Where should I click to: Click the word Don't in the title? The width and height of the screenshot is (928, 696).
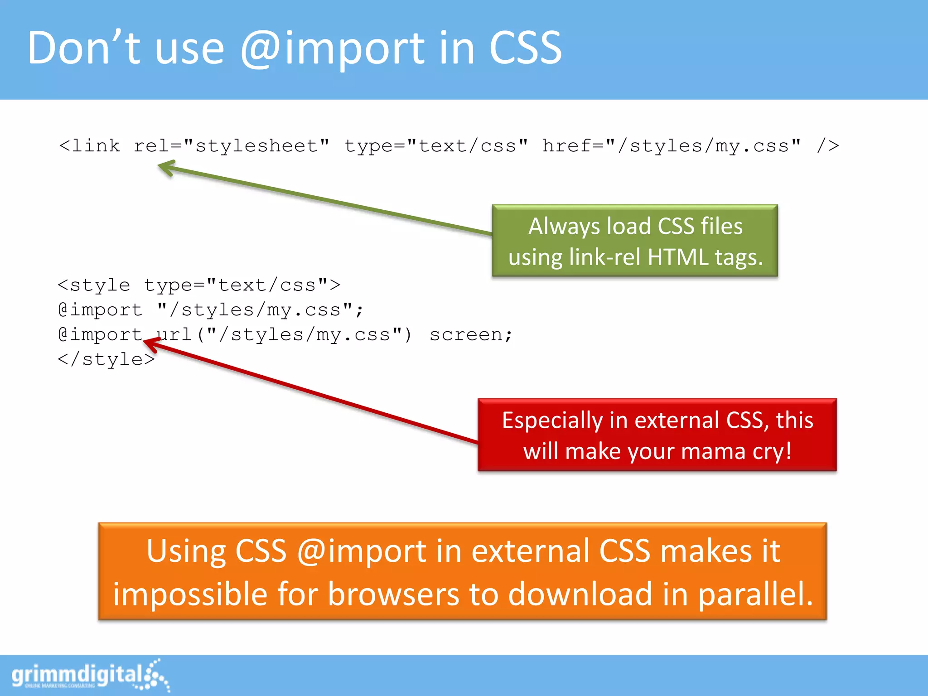[84, 48]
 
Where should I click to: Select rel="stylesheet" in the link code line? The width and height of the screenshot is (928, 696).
[231, 146]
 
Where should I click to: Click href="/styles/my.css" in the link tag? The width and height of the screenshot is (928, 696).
[671, 146]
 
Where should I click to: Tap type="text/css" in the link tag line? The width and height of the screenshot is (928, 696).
[436, 146]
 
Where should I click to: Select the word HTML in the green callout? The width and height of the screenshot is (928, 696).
[678, 257]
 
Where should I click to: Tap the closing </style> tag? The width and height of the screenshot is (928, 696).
[106, 359]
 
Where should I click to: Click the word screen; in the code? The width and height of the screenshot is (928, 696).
[471, 334]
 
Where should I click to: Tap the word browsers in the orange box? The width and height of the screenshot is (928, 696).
[393, 594]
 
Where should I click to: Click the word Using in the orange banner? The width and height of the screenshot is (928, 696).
[186, 551]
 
